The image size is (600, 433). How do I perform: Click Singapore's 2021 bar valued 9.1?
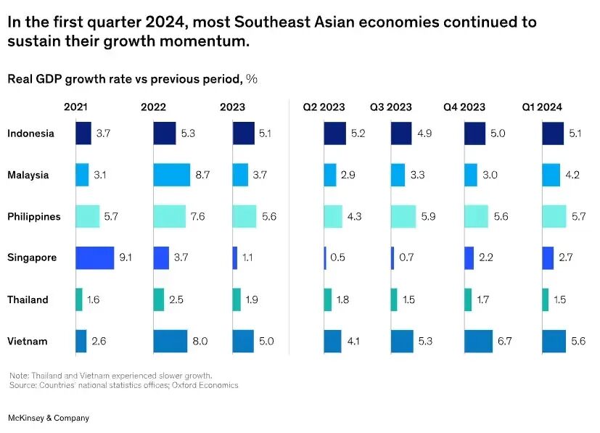coord(94,258)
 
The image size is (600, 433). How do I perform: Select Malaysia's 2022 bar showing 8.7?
coord(171,175)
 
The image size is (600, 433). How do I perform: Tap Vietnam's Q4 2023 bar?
coord(478,341)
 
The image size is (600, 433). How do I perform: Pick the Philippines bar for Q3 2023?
coord(403,216)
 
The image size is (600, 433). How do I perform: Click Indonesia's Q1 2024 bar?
coord(553,133)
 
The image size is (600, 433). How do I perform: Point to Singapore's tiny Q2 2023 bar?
coord(325,258)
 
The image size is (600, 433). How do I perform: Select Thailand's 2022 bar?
coord(159,300)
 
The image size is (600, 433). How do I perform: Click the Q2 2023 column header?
coord(324,107)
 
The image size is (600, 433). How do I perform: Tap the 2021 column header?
coord(75,107)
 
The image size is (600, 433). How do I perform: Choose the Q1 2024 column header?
coord(542,107)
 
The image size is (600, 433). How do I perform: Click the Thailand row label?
coord(28,300)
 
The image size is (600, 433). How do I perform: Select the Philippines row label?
coord(33,216)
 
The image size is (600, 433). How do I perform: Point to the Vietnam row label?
coord(28,341)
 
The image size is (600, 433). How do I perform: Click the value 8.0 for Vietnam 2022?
coord(200,341)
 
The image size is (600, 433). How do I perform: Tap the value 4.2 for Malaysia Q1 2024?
coord(573,175)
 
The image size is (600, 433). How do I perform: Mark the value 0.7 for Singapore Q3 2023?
coord(408,258)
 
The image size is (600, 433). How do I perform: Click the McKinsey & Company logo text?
coord(48,418)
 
